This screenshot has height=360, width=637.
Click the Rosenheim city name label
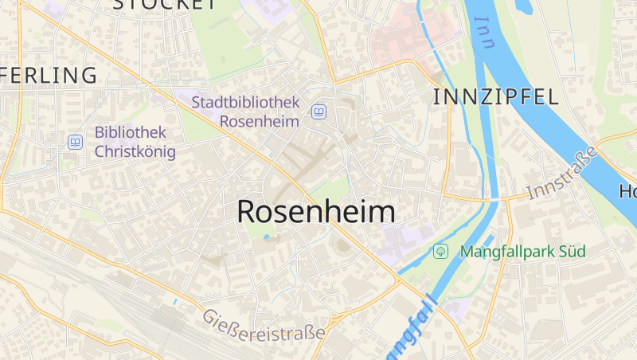[x=316, y=211]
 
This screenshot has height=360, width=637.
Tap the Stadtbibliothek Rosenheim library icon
[x=318, y=112]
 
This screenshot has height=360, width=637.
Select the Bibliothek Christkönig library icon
[x=75, y=142]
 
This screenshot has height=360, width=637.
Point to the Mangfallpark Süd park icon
[x=440, y=252]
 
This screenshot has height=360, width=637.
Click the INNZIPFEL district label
[x=495, y=97]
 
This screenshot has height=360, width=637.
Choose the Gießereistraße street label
[x=263, y=324]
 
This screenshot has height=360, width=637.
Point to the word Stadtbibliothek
[x=245, y=103]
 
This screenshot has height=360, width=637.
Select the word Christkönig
[x=135, y=151]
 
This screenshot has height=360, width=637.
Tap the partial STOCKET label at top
[x=164, y=5]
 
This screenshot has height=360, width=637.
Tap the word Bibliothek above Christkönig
[x=130, y=132]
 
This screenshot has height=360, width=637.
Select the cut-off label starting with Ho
[x=628, y=192]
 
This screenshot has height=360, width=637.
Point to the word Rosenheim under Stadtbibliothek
[x=259, y=121]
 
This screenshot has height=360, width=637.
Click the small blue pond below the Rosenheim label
[x=265, y=237]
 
